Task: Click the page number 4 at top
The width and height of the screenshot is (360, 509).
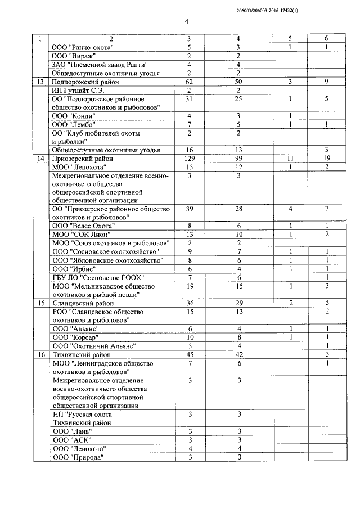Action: pyautogui.click(x=186, y=22)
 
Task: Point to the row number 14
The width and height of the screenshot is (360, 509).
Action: pyautogui.click(x=40, y=159)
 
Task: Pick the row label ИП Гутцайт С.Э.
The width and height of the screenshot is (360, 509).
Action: pyautogui.click(x=78, y=91)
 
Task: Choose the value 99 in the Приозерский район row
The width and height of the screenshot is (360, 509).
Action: pyautogui.click(x=239, y=159)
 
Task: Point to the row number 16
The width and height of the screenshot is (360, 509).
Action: pyautogui.click(x=40, y=354)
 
